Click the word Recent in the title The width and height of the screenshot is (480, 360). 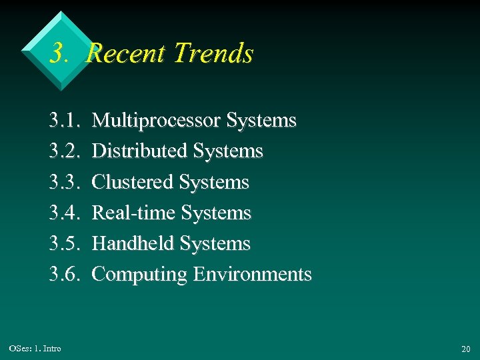point(127,53)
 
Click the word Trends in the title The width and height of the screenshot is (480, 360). point(213,53)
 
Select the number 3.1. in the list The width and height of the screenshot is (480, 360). point(64,121)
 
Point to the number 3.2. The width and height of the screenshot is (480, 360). point(64,151)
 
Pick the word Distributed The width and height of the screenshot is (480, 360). point(139,151)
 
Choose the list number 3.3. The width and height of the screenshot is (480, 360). point(64,182)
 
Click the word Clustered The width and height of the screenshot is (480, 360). point(133,182)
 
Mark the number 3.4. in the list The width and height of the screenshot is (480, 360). point(64,213)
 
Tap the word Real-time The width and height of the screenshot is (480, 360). point(133,213)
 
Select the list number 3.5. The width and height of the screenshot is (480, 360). point(64,244)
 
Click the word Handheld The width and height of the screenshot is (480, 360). point(133,244)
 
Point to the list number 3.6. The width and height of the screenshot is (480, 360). point(64,275)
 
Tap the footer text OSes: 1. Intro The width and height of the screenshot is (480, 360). point(35,349)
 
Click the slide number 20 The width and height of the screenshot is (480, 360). point(465,349)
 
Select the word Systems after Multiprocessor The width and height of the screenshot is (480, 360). point(261,121)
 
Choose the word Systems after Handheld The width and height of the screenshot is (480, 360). point(215,244)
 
